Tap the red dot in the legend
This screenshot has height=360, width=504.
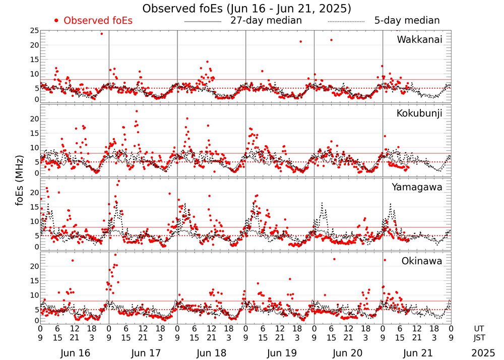(56, 21)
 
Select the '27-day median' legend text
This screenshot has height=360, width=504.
(266, 21)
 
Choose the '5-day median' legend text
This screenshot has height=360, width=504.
(407, 21)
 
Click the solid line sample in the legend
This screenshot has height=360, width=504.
(203, 22)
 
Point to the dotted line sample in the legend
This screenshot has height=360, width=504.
(346, 22)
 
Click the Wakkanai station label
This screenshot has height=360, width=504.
(419, 39)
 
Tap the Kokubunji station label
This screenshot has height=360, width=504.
(419, 113)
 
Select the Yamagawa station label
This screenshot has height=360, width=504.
(417, 187)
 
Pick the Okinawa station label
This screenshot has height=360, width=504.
(422, 261)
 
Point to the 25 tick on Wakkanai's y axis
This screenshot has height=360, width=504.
(34, 31)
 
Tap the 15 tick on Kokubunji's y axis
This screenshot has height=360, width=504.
(34, 133)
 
